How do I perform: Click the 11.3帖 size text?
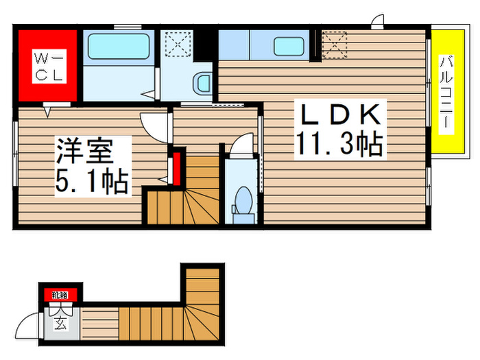339,145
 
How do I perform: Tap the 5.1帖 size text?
93,181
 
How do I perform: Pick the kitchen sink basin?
288,47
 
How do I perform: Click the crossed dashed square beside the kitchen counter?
335,47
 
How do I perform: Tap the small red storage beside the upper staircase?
176,165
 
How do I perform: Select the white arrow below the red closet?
47,110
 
